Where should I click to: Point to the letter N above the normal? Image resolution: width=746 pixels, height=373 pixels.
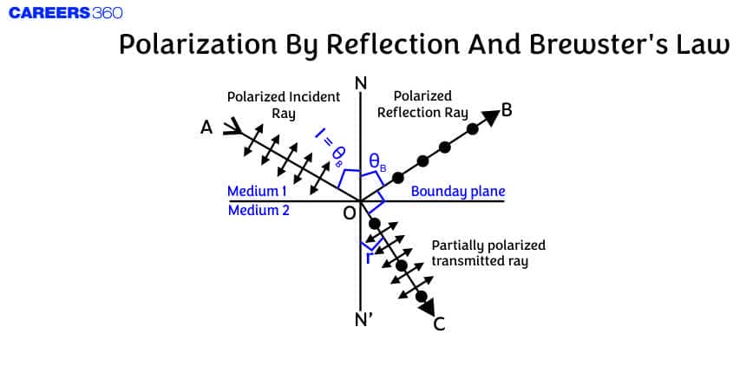click(361, 83)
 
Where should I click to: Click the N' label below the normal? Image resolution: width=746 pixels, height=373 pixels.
click(363, 318)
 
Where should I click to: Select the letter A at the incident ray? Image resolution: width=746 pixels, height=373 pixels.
click(206, 128)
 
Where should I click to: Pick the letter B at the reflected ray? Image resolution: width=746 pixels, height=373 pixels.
click(508, 111)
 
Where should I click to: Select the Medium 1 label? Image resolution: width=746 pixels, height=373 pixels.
click(257, 191)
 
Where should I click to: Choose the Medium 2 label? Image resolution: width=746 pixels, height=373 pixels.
click(258, 210)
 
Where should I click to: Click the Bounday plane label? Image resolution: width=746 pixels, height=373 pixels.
click(457, 191)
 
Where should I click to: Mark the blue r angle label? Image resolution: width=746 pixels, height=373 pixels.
click(370, 258)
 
